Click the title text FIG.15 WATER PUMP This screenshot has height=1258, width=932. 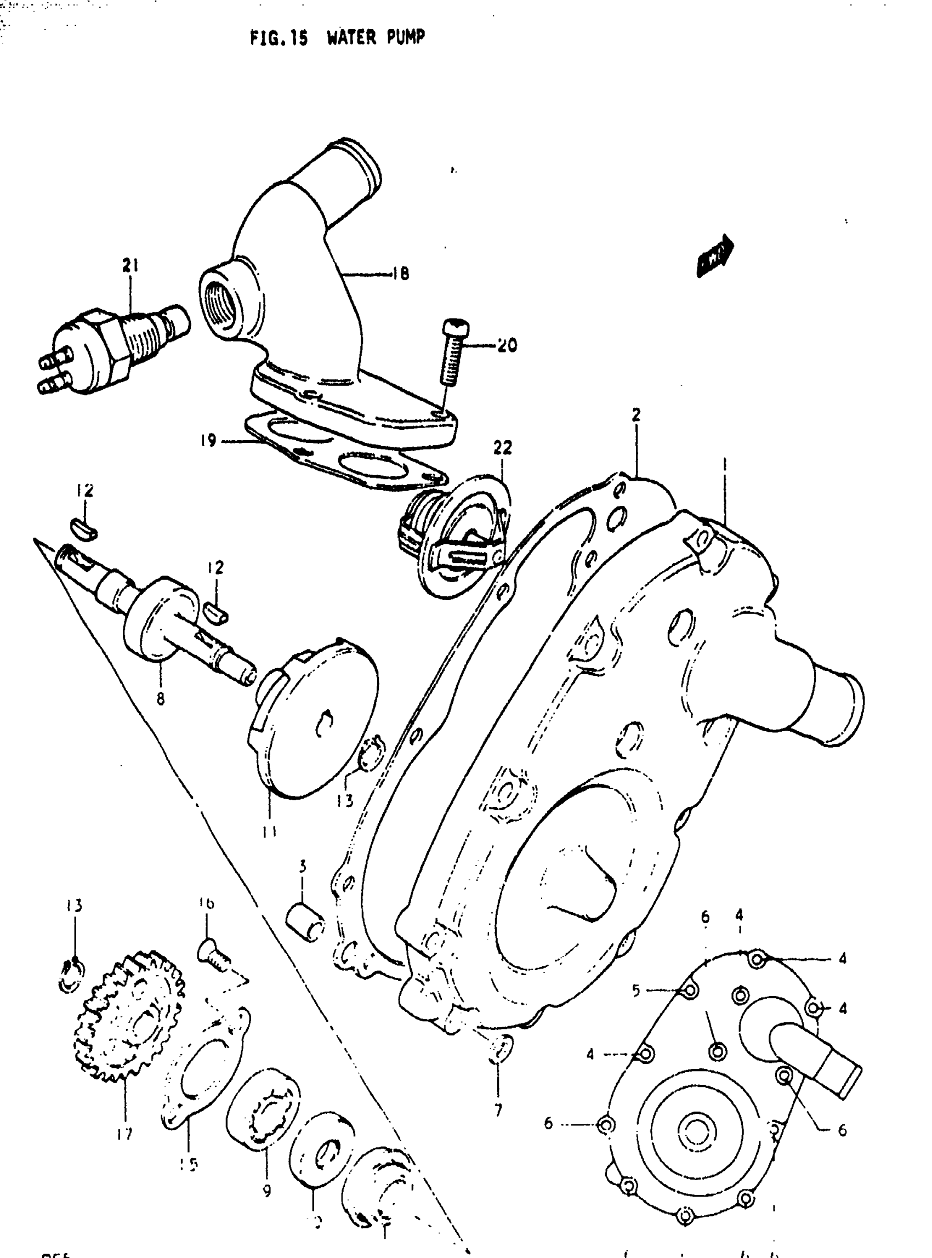point(337,38)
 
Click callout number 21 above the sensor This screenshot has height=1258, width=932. point(130,265)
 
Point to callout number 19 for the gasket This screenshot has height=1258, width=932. point(209,440)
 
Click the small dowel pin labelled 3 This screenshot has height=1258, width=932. point(305,924)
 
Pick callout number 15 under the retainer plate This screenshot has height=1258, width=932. point(190,1163)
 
